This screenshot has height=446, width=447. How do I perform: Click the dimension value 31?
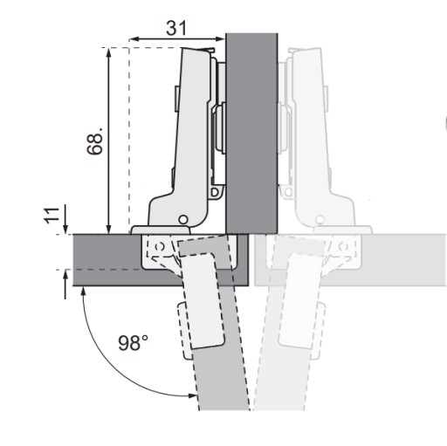point(176,28)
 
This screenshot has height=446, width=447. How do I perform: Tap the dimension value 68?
point(95,141)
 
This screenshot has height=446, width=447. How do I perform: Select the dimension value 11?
point(52,216)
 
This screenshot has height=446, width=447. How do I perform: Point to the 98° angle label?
point(133,342)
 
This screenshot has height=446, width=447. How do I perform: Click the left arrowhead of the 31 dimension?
point(133,39)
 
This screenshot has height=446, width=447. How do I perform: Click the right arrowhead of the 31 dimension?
point(220,39)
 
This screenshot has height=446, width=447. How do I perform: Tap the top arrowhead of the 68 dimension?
point(109,52)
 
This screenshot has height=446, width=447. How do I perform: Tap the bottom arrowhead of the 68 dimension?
point(109,230)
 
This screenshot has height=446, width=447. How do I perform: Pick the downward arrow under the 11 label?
point(65,219)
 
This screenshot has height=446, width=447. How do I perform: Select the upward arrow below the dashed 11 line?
point(65,285)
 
